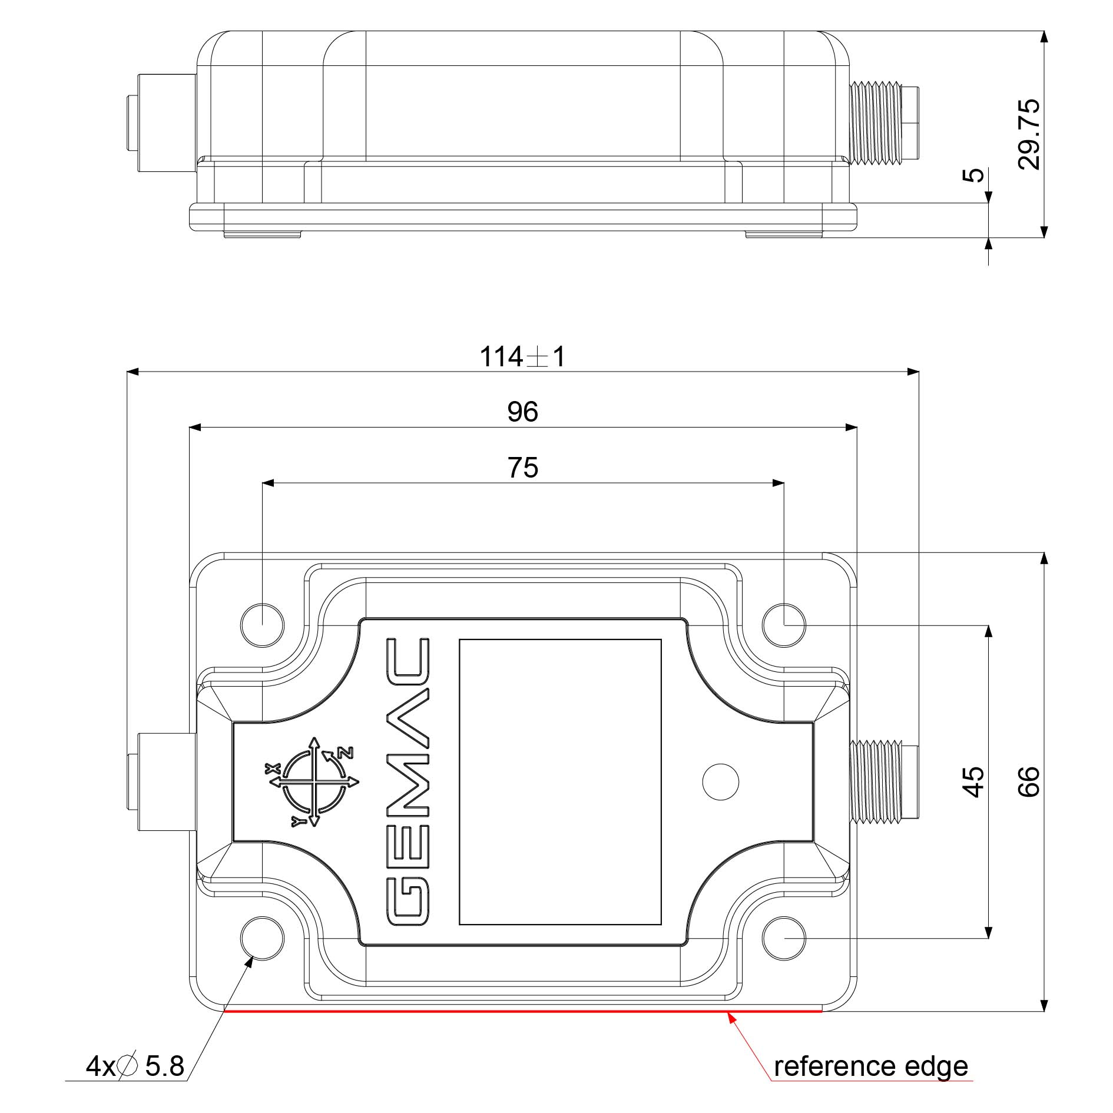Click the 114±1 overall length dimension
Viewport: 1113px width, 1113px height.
point(522,357)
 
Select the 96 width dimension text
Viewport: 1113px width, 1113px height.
point(522,412)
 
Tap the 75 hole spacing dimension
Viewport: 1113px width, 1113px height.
point(522,468)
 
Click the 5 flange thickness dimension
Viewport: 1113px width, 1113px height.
point(975,175)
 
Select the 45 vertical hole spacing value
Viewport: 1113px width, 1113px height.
point(974,781)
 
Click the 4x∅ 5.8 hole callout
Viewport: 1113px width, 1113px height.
point(135,1066)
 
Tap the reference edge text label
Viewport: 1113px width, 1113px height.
point(870,1066)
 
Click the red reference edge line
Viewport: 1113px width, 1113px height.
point(522,1011)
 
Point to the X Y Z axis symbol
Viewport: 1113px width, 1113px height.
point(314,781)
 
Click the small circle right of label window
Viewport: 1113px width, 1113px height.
point(720,781)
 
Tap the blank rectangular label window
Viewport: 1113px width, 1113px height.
point(559,781)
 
